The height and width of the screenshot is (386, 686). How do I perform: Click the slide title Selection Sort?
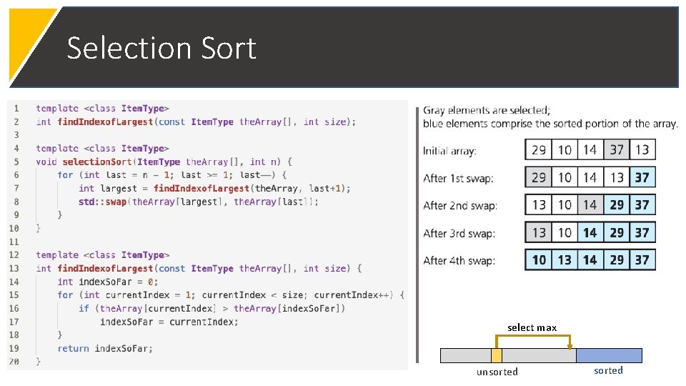pyautogui.click(x=161, y=48)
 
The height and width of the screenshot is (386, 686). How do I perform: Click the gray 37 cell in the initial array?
pyautogui.click(x=617, y=150)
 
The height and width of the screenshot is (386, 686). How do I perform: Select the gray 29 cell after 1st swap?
pyautogui.click(x=539, y=177)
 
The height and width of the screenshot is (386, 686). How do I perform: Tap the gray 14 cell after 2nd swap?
pyautogui.click(x=590, y=205)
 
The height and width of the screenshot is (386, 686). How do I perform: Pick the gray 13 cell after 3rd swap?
pyautogui.click(x=539, y=232)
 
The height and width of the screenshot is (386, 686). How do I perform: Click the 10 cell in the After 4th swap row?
pyautogui.click(x=539, y=259)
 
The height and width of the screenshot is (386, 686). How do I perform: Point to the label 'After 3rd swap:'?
pyautogui.click(x=459, y=233)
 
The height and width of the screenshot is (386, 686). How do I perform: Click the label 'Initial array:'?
pyautogui.click(x=449, y=151)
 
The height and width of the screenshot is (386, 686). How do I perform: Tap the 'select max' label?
pyautogui.click(x=532, y=327)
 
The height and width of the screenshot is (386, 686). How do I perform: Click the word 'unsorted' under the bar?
pyautogui.click(x=497, y=372)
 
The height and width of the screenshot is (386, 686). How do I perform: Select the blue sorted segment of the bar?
pyautogui.click(x=609, y=355)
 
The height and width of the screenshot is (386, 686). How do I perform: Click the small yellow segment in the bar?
pyautogui.click(x=497, y=355)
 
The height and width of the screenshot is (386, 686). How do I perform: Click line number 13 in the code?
pyautogui.click(x=14, y=268)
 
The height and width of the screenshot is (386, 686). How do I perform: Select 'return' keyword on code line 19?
pyautogui.click(x=73, y=348)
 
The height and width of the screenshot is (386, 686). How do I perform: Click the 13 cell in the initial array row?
pyautogui.click(x=642, y=150)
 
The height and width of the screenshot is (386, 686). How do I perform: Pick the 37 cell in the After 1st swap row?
pyautogui.click(x=642, y=177)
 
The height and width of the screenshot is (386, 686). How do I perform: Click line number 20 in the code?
pyautogui.click(x=14, y=362)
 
